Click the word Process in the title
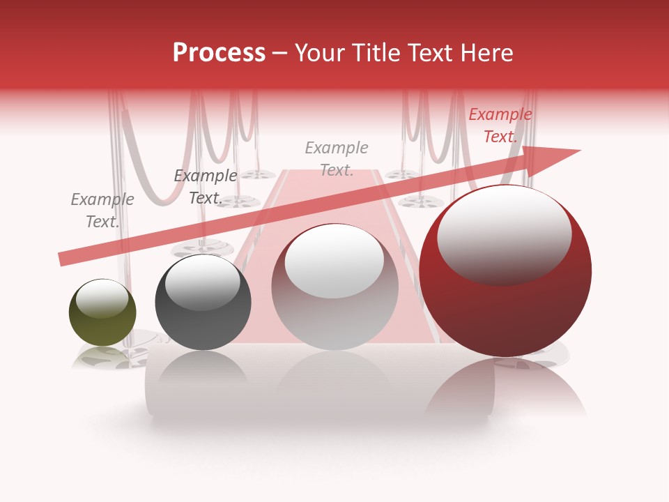click(x=219, y=53)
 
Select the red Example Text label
click(x=500, y=125)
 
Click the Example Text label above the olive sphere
click(x=102, y=211)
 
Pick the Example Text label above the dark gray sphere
click(x=206, y=187)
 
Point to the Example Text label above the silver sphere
click(x=337, y=159)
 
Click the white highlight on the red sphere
click(x=504, y=234)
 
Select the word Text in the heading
click(x=435, y=53)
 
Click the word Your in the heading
click(x=320, y=53)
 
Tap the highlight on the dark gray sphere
click(x=202, y=282)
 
